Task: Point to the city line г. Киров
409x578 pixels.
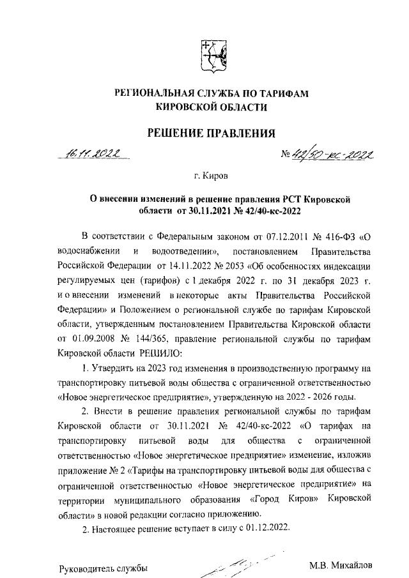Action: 211,174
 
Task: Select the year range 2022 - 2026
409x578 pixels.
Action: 330,397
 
